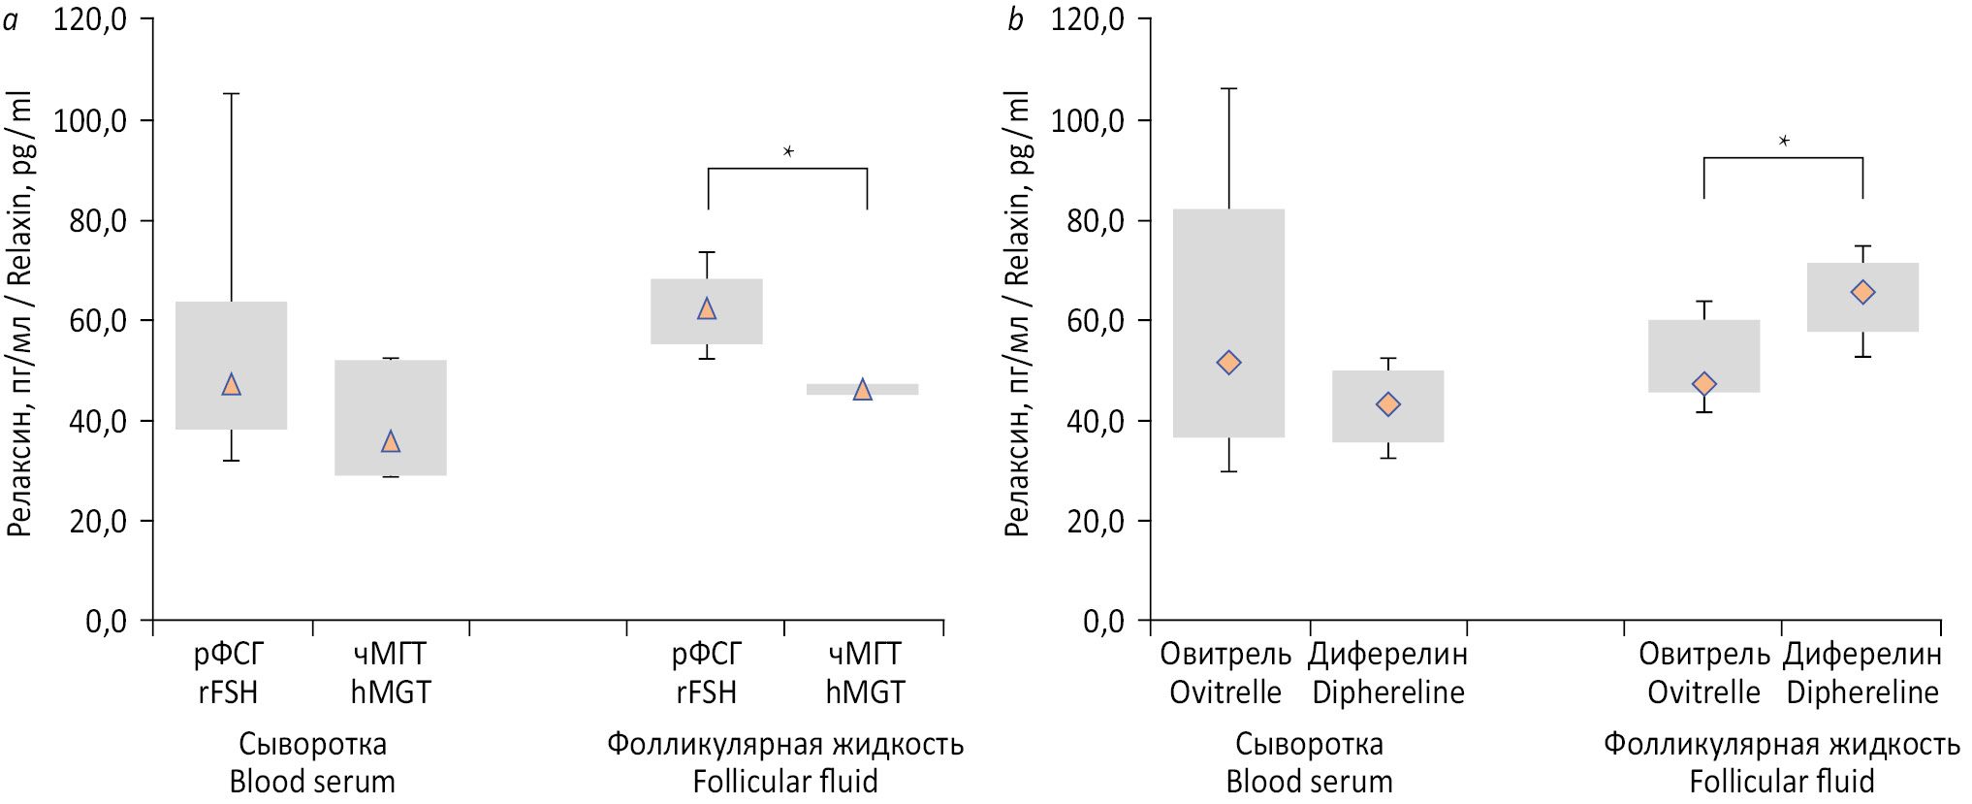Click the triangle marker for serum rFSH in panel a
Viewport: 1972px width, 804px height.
pos(231,385)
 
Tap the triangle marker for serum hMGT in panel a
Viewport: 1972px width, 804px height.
pos(391,442)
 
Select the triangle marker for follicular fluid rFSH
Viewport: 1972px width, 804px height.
pos(707,309)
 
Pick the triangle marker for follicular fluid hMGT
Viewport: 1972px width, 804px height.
pos(862,390)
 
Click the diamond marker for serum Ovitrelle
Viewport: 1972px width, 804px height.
pos(1228,363)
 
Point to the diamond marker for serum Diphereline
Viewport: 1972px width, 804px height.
pos(1388,404)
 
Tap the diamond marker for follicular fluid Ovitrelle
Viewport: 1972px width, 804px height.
pos(1703,385)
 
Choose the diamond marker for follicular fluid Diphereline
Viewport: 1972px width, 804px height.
pos(1862,292)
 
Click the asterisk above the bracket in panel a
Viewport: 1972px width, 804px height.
pos(788,151)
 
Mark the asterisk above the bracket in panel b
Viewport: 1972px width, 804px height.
pos(1784,142)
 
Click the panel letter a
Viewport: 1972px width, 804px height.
pos(11,19)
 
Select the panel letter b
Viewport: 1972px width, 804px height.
pos(1015,19)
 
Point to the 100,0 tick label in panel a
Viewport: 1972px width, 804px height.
pos(90,120)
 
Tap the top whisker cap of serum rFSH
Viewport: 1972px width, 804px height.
pos(231,94)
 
